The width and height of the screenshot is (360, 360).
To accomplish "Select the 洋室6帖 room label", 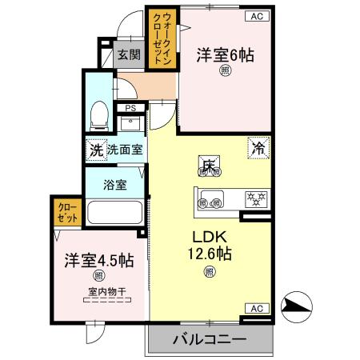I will click(226, 55).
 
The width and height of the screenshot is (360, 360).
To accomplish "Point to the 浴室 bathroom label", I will click(115, 184).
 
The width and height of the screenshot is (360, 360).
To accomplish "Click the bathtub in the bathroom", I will click(114, 214).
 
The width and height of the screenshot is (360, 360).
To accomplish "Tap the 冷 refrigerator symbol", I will click(258, 148).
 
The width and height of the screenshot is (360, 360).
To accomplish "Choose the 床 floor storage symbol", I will click(209, 166).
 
